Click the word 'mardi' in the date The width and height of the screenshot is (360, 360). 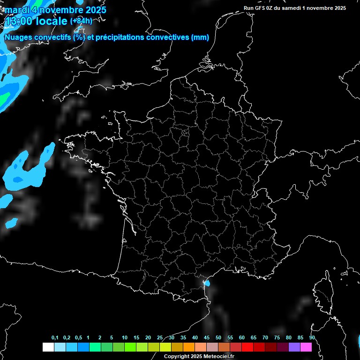point(16,10)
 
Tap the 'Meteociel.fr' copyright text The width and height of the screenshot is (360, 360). point(219,357)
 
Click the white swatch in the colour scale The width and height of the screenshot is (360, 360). point(48,347)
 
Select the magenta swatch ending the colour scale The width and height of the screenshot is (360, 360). point(306,347)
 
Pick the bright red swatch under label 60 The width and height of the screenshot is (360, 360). point(247,347)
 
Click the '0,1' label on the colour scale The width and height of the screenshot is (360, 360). point(55,338)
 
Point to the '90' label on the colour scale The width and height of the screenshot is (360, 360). point(312,338)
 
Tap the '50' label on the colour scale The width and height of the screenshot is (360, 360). point(218,338)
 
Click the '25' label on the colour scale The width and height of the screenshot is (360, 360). point(160,338)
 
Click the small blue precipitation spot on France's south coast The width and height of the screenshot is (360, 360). point(207,283)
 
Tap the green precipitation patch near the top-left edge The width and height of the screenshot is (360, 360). point(4,98)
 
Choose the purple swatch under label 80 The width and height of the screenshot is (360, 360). point(294,347)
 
